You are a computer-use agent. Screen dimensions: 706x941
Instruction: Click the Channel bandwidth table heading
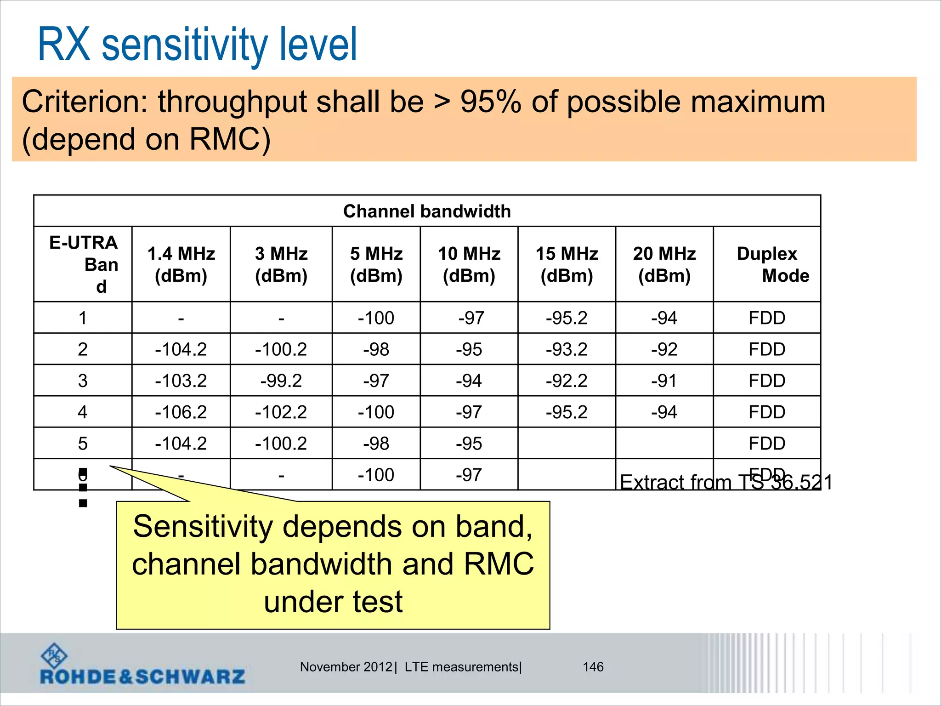click(427, 211)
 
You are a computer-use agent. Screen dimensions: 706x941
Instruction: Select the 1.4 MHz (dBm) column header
click(181, 264)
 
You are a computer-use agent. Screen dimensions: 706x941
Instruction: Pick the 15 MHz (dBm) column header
click(567, 264)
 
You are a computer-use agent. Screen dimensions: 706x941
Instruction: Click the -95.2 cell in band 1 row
click(567, 318)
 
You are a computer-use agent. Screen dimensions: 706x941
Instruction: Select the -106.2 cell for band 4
click(181, 412)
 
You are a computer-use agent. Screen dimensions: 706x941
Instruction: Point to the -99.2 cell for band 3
click(281, 381)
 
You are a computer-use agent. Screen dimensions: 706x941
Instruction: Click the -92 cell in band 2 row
click(664, 349)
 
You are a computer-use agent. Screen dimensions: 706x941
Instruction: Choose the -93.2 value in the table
click(567, 349)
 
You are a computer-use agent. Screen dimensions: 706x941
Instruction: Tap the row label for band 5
click(83, 444)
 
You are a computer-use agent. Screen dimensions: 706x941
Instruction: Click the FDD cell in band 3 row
click(767, 381)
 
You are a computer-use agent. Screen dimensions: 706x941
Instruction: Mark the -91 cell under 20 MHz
click(664, 381)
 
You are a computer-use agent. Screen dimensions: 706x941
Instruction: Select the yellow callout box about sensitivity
click(333, 564)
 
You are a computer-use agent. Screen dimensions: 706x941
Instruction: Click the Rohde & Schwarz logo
click(142, 666)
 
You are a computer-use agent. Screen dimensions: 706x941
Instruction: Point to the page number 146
click(593, 667)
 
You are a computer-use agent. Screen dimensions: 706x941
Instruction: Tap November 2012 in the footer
click(346, 667)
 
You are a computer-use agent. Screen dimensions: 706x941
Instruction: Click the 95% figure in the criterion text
click(490, 102)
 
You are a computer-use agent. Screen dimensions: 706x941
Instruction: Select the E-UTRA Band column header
click(83, 264)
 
